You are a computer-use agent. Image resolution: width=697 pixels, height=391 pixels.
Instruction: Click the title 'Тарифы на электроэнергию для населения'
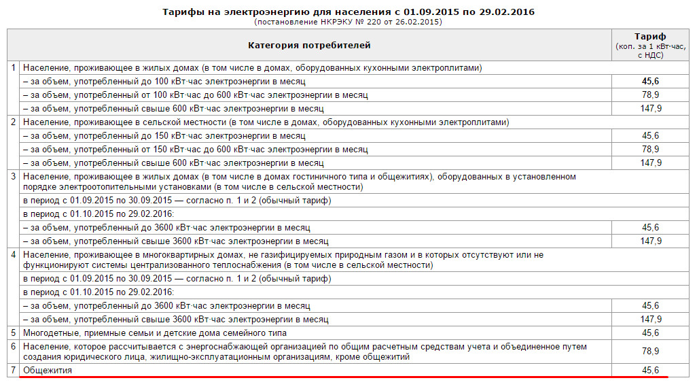click(348, 12)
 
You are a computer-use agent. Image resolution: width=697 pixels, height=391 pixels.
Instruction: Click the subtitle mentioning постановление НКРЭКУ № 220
click(348, 22)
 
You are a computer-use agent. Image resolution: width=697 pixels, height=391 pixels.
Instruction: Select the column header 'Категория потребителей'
click(309, 46)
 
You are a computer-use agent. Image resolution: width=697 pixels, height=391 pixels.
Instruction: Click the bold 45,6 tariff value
click(650, 81)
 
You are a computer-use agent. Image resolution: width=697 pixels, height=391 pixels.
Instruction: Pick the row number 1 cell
click(14, 67)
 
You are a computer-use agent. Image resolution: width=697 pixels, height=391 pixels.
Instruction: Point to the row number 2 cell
click(14, 122)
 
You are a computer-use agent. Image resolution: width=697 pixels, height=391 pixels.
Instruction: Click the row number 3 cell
click(14, 176)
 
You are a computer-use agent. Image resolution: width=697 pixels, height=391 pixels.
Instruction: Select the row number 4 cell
click(14, 254)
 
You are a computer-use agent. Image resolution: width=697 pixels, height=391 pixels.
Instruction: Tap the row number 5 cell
click(14, 333)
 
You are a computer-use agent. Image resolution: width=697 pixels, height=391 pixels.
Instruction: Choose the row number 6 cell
click(14, 346)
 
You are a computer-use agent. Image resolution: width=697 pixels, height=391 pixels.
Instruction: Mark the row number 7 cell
click(14, 370)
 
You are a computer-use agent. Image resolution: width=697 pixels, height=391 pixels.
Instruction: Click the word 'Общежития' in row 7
click(47, 370)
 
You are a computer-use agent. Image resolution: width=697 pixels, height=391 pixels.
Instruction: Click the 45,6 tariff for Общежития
click(650, 370)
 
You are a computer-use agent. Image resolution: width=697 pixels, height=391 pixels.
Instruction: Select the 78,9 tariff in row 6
click(650, 351)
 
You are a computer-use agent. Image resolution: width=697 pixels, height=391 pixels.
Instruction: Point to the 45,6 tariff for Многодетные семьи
click(650, 333)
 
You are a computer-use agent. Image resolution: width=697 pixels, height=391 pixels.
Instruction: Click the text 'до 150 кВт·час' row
click(164, 135)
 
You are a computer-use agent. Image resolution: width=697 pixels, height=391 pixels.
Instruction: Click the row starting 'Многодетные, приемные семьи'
click(154, 333)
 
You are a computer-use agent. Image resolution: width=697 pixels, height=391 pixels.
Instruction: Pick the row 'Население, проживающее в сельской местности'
click(265, 122)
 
